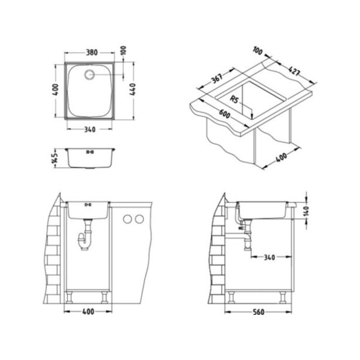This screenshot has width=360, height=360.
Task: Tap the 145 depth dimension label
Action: coord(54,157)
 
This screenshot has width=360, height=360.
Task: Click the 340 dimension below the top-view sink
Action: coord(89,129)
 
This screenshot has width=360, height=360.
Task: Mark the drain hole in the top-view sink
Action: coord(90,75)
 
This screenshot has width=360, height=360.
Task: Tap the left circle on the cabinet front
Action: coord(127,220)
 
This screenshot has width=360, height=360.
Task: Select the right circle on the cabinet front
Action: coord(139,220)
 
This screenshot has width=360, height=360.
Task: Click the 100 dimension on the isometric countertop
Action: coord(258,50)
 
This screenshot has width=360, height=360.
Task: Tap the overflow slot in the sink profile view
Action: coord(90,152)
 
